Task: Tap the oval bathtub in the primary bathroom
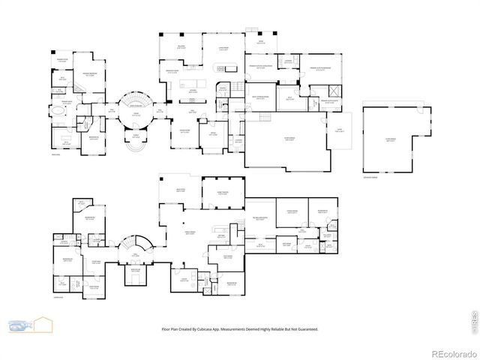tap(58, 109)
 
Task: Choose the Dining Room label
tap(184, 133)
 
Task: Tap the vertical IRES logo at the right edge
tap(473, 317)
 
